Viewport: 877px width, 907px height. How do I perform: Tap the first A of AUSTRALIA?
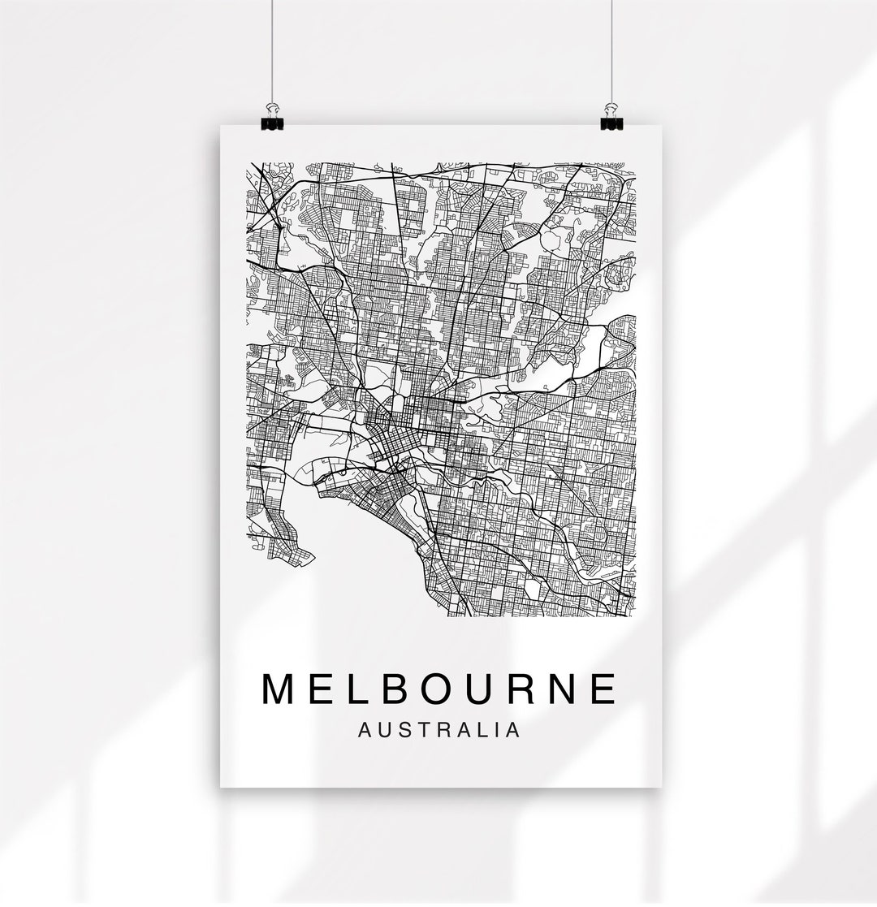[365, 730]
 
